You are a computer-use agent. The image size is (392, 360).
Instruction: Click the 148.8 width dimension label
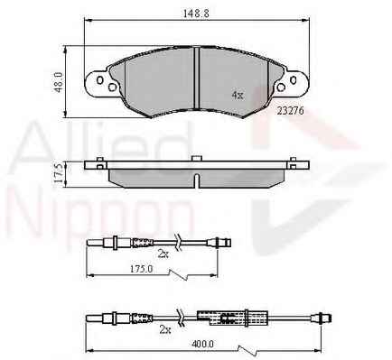(196, 14)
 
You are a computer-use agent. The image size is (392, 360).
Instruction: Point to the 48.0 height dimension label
(59, 82)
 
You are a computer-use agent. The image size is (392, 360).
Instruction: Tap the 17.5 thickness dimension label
(59, 173)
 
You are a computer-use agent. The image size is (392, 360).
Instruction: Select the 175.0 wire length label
(141, 269)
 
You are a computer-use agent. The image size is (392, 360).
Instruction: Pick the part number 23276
(291, 111)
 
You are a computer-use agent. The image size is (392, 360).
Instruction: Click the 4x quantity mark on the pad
(238, 96)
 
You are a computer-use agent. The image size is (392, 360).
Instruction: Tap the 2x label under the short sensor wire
(163, 254)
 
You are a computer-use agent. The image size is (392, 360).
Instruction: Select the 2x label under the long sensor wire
(165, 330)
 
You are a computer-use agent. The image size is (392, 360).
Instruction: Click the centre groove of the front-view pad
(196, 78)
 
